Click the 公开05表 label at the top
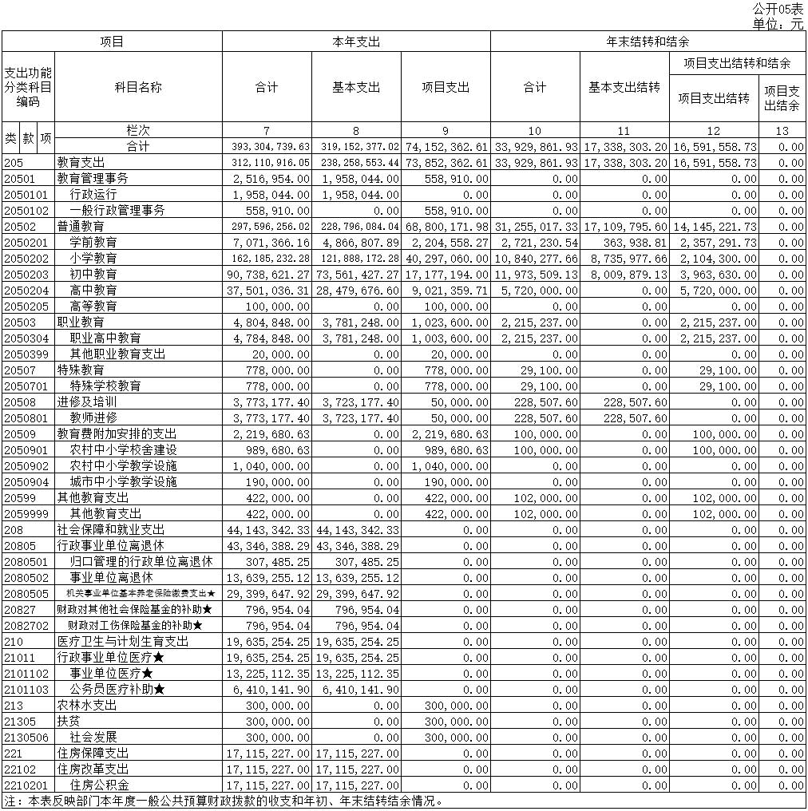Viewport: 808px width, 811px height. point(778,9)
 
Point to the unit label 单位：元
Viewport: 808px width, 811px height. point(778,24)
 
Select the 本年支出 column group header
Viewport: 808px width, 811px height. point(355,41)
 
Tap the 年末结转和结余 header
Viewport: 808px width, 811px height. point(648,41)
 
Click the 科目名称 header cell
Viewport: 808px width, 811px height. point(138,87)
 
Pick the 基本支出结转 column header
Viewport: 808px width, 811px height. point(624,87)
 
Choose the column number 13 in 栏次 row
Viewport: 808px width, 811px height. point(782,131)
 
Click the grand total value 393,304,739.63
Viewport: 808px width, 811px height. point(267,147)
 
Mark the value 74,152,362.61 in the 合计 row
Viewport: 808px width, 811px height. point(445,147)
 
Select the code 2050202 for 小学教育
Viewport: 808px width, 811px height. point(26,259)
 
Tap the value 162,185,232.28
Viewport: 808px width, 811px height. point(267,259)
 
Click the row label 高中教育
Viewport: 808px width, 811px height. point(93,291)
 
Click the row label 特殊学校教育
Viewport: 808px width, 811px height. point(105,386)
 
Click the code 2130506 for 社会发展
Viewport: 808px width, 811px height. point(26,738)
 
